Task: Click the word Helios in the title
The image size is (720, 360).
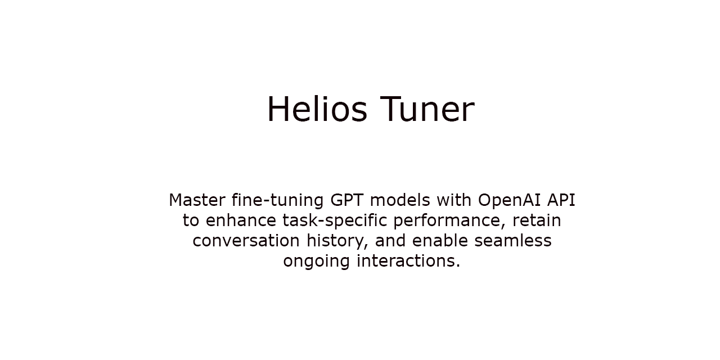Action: (x=317, y=109)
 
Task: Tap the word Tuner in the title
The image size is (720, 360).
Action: (x=427, y=109)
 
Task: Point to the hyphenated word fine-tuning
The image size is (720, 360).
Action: (x=272, y=200)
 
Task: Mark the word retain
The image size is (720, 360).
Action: (x=537, y=220)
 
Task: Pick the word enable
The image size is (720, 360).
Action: (x=440, y=241)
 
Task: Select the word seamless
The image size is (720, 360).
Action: (x=512, y=241)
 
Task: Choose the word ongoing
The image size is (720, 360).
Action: (x=316, y=262)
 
